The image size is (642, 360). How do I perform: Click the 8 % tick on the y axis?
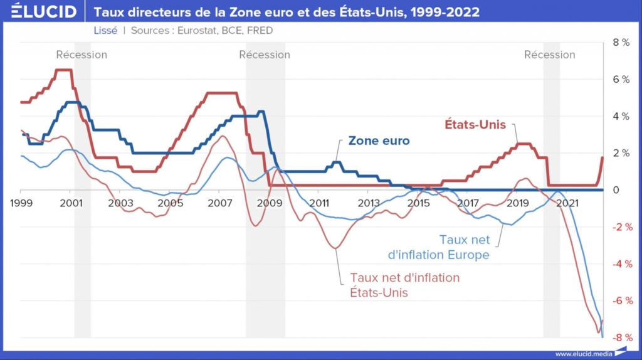pos(620,43)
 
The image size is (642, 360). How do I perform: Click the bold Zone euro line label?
pos(379,141)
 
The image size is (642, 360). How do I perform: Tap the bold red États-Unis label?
pos(476,125)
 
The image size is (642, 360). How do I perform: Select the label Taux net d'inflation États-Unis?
pos(405,285)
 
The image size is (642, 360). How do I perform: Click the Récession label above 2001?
pos(82,55)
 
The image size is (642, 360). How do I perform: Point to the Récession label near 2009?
pos(265,55)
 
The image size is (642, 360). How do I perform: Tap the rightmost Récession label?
pos(550,55)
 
